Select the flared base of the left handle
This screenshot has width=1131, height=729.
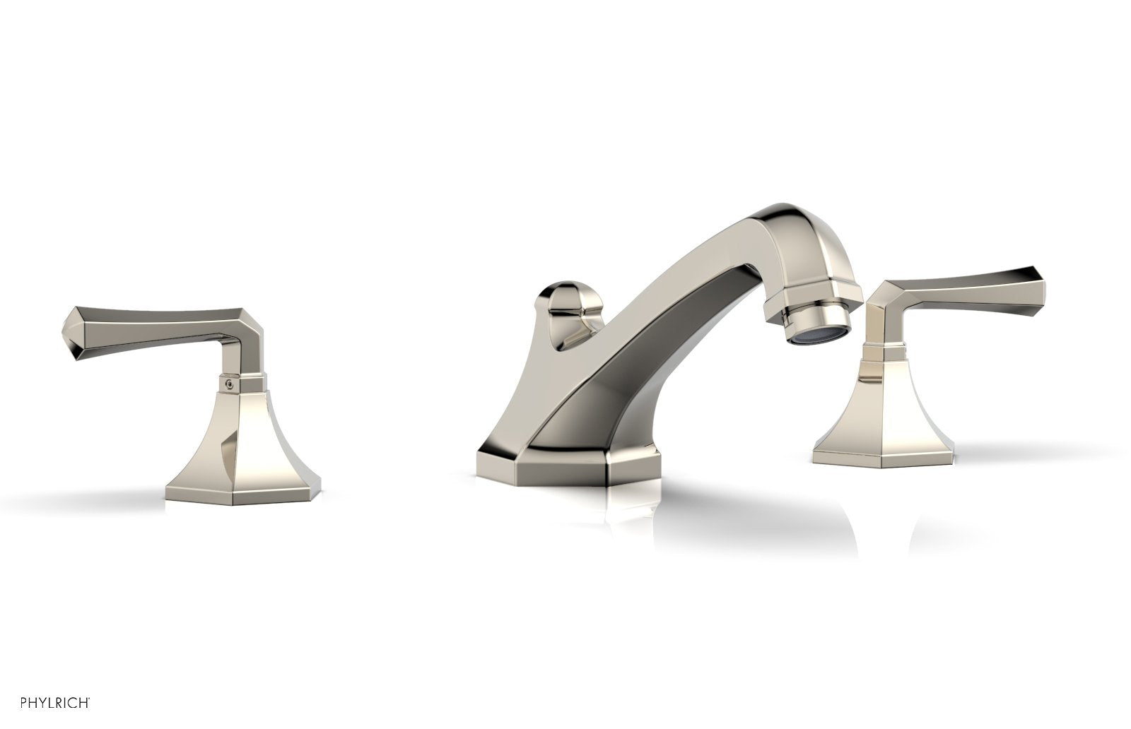[243, 452]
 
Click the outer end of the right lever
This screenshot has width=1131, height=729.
[1039, 276]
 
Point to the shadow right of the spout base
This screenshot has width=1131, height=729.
[742, 509]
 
